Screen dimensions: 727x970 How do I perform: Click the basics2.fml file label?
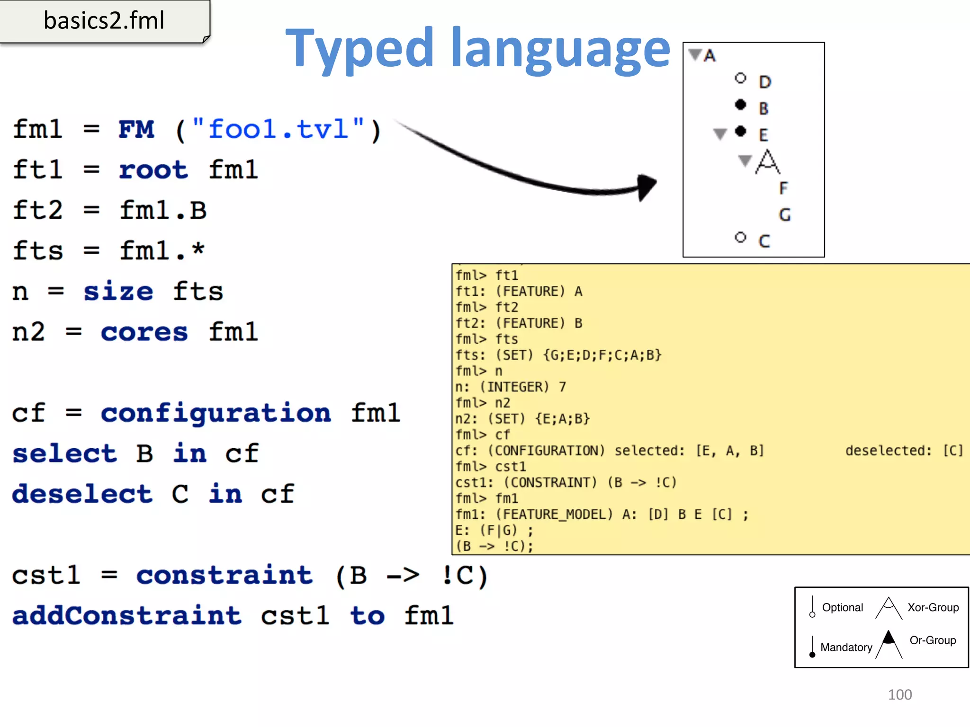pyautogui.click(x=104, y=21)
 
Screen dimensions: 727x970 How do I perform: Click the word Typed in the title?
pyautogui.click(x=360, y=49)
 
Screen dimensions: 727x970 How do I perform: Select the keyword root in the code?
pyautogui.click(x=153, y=170)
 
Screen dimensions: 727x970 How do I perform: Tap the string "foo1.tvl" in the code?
pyautogui.click(x=278, y=129)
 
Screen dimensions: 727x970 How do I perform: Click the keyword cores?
pyautogui.click(x=144, y=332)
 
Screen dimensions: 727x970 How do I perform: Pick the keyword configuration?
pyautogui.click(x=216, y=413)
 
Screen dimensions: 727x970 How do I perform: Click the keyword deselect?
pyautogui.click(x=82, y=494)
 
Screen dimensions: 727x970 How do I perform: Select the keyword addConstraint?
pyautogui.click(x=127, y=616)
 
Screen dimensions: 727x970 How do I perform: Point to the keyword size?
pyautogui.click(x=118, y=292)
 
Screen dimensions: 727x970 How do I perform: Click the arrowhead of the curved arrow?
pyautogui.click(x=646, y=186)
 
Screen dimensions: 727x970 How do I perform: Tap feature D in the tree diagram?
pyautogui.click(x=765, y=82)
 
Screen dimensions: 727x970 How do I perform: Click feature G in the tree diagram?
pyautogui.click(x=785, y=215)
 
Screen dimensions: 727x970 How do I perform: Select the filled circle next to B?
pyautogui.click(x=740, y=105)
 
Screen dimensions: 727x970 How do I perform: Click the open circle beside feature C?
pyautogui.click(x=740, y=237)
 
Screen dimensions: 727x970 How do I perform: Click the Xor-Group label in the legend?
pyautogui.click(x=933, y=607)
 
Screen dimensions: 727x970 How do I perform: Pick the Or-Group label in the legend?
pyautogui.click(x=933, y=640)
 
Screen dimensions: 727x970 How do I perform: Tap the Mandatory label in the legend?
pyautogui.click(x=846, y=647)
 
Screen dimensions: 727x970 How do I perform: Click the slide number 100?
pyautogui.click(x=899, y=695)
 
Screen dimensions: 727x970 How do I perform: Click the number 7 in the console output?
pyautogui.click(x=562, y=387)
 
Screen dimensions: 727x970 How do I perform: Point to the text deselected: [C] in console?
pyautogui.click(x=904, y=451)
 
